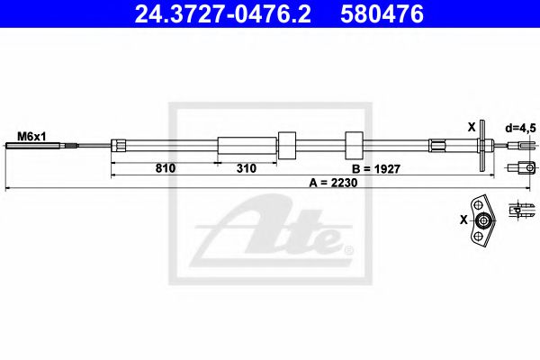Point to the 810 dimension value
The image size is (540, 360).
pos(165,167)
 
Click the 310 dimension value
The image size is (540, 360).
pos(246,167)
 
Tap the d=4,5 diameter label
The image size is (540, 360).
pos(520,128)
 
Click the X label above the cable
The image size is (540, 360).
pos(471,127)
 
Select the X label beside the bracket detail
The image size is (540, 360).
pos(463,219)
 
